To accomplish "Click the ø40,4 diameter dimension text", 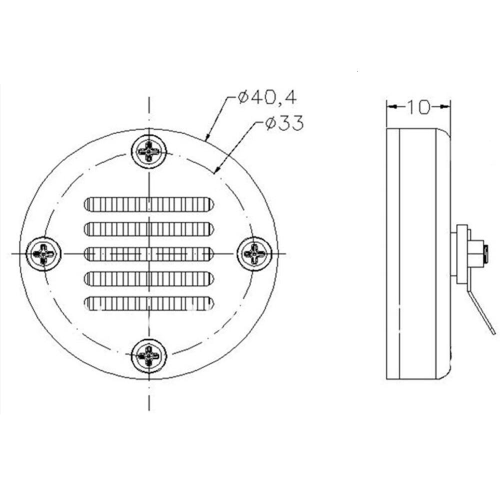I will (x=267, y=97).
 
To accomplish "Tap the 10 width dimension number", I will (x=418, y=107).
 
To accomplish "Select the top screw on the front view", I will (x=149, y=150).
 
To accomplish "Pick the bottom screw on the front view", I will (x=149, y=356).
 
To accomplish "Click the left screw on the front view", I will (x=43, y=253).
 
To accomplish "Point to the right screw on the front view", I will (x=255, y=253).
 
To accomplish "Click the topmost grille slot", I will (x=149, y=204).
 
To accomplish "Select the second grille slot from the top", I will (x=149, y=229).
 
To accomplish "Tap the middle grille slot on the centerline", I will (x=149, y=254).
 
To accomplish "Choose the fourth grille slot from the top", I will (x=149, y=278).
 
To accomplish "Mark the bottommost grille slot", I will (x=149, y=303).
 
